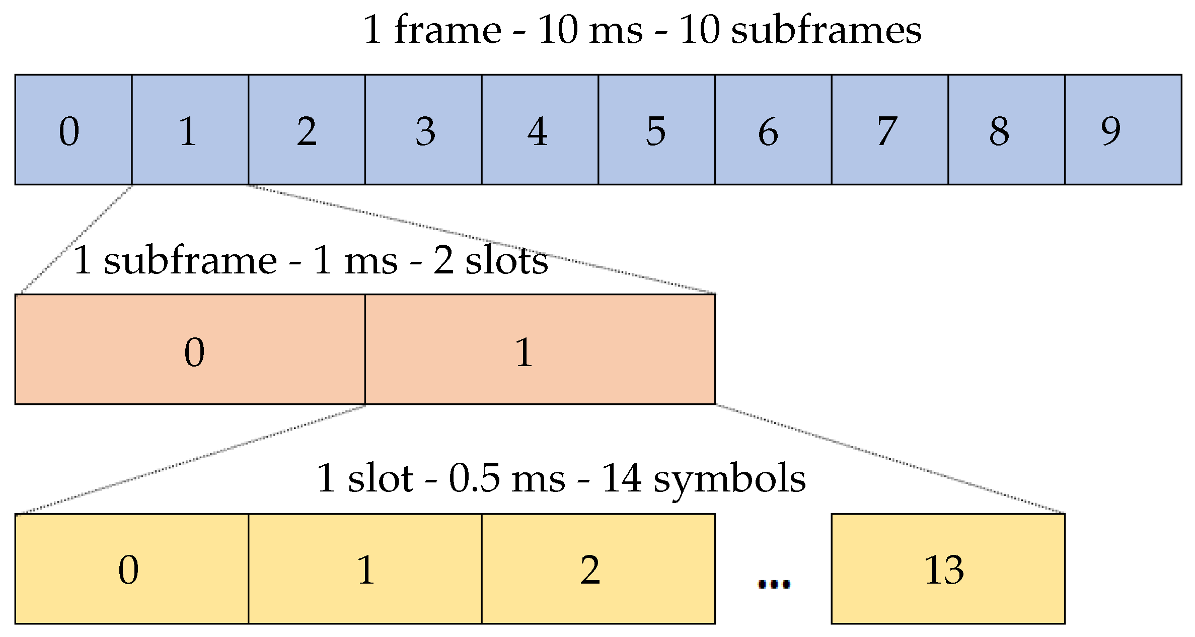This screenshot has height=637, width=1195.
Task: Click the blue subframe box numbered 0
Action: point(73,130)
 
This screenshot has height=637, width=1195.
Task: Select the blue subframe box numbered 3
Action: point(423,130)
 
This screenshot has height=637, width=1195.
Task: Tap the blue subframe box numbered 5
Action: point(656,130)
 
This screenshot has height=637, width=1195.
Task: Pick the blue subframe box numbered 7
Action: point(889,130)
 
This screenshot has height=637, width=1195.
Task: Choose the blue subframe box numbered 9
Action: point(1123,130)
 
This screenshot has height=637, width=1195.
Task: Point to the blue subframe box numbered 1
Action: point(190,130)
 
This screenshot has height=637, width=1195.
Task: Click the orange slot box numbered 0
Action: point(190,349)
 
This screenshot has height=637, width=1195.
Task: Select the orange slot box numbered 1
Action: point(540,349)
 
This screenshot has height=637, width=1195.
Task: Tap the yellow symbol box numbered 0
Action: point(132,569)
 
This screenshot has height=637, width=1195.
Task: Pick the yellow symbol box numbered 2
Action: point(598,569)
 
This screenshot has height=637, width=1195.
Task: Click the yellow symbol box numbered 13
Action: point(948,569)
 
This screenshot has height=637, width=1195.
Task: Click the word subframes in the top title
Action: point(826,30)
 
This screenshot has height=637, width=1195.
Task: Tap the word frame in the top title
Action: point(447,30)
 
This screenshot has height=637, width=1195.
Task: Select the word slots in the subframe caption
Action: point(506,261)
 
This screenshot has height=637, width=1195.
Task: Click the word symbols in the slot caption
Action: point(729,478)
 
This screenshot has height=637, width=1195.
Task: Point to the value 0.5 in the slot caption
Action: point(474,478)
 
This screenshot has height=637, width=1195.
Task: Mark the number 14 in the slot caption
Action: point(622,478)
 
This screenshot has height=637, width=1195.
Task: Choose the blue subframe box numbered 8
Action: point(1006,130)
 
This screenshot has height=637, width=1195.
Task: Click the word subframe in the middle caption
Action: point(190,261)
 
